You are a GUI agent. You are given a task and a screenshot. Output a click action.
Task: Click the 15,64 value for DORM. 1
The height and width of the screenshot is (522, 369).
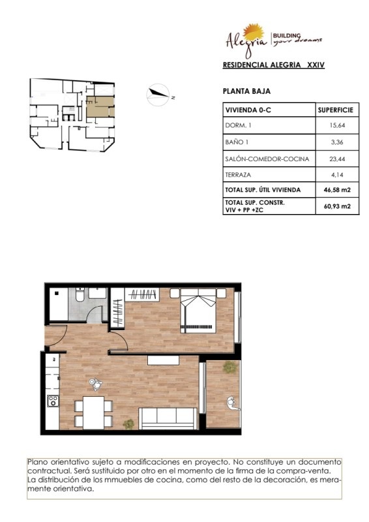click(337, 125)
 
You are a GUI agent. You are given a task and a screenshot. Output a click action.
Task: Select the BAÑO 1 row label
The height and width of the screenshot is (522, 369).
click(237, 142)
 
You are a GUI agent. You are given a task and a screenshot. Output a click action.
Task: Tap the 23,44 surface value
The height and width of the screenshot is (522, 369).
click(337, 159)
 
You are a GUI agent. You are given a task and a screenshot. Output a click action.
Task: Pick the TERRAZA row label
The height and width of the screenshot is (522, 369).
click(238, 175)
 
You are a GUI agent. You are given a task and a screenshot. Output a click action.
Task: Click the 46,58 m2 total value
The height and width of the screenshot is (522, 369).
click(337, 190)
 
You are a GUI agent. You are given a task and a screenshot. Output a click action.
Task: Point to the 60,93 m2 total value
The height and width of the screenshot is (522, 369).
click(337, 206)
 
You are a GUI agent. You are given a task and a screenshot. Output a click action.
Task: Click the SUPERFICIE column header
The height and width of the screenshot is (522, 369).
click(335, 110)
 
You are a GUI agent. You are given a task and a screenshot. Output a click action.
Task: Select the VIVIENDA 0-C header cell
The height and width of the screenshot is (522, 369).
click(248, 110)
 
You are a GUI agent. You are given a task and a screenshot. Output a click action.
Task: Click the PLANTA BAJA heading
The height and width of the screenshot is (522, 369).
click(246, 91)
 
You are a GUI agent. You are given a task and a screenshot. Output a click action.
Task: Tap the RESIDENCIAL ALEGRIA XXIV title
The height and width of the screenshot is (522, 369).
click(274, 65)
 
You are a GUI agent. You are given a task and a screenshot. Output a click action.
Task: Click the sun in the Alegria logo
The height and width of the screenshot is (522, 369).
click(254, 32)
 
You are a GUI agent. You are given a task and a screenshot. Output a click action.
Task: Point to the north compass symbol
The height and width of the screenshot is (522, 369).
click(158, 95)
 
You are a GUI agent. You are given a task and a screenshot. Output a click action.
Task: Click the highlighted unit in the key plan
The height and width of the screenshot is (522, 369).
click(100, 106)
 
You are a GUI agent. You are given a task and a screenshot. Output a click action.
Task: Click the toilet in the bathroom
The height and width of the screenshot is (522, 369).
click(80, 294)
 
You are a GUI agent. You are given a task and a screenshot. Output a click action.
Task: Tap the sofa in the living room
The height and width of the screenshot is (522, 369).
click(168, 418)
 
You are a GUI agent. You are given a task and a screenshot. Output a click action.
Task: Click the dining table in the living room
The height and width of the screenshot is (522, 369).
click(93, 412)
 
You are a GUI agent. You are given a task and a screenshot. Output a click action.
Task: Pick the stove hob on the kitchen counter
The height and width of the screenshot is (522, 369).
click(53, 401)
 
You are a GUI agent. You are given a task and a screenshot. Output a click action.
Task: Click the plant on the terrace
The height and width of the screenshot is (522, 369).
click(230, 367)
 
